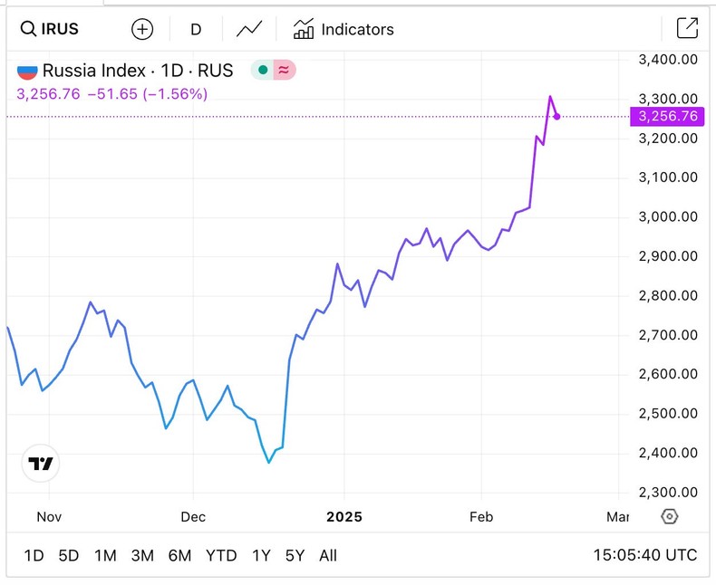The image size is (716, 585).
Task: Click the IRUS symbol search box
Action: pos(50,29)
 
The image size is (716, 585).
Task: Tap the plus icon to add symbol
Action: pos(142,29)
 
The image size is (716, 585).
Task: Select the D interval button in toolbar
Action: pos(196,29)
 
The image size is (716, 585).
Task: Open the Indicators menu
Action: pos(343,29)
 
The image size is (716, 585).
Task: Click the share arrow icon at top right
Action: pos(688,29)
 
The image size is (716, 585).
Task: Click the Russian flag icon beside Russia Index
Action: pos(28,70)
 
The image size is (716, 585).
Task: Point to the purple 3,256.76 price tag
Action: pos(668,116)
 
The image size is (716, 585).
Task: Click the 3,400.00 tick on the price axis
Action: pos(668,60)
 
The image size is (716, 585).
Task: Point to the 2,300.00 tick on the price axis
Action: pos(668,492)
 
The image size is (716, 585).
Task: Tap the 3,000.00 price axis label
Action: pos(668,216)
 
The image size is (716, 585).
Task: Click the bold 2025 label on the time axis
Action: pos(344,517)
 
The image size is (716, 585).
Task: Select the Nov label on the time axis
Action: pos(49,517)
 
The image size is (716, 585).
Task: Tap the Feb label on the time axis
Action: pos(480,517)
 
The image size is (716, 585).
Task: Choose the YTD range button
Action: pos(221,555)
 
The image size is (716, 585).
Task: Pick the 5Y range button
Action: pos(295,555)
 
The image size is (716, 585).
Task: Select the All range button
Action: pos(328,555)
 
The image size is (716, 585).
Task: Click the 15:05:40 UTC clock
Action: pos(645,555)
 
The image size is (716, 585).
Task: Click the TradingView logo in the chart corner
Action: pos(41,464)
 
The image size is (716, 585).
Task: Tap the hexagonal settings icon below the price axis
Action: pos(670,516)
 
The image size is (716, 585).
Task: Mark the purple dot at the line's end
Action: pos(556,116)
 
